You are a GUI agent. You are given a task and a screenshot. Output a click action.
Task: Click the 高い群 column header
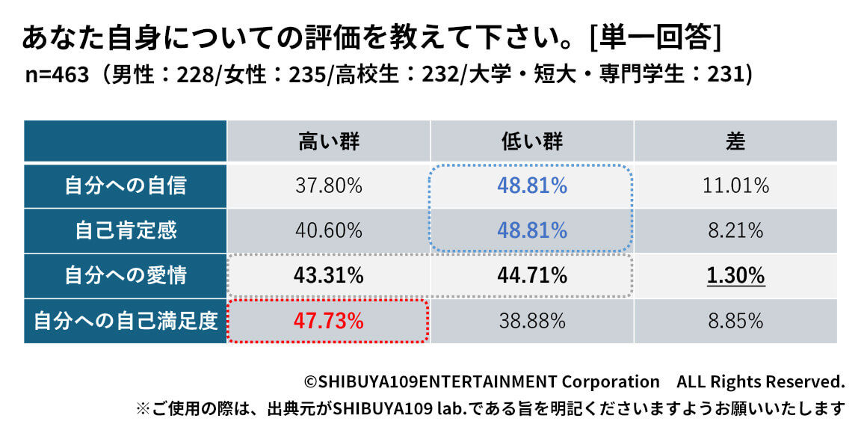pos(329,141)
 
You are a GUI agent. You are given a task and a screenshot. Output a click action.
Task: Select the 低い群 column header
pos(532,141)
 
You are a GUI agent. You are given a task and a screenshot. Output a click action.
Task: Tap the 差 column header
pos(735,141)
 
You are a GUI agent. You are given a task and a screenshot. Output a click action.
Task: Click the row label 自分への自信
pos(126,185)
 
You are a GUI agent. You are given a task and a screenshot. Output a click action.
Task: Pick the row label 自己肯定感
pos(126,230)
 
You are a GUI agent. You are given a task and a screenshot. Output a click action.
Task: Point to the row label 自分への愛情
pos(126,275)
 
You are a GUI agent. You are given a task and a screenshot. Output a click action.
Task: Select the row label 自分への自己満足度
pos(126,321)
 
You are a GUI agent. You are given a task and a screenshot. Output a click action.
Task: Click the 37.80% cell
pos(329,185)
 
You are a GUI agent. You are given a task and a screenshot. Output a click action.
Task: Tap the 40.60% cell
pos(329,230)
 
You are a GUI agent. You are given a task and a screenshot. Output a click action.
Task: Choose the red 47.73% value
pos(329,321)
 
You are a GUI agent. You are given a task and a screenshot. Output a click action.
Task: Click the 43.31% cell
pos(329,275)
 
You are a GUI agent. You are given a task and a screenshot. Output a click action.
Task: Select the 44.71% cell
pos(532,275)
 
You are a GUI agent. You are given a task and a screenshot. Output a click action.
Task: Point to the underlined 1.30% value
pos(735,275)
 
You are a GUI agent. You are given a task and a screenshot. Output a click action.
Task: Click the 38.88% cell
pos(532,321)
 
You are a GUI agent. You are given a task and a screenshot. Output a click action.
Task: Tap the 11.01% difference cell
pos(735,185)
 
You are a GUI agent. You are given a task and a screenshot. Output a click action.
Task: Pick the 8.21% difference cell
pos(735,230)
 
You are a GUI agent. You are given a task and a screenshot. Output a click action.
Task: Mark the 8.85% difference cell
pos(735,321)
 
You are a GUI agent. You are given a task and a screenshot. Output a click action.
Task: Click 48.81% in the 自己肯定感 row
pos(532,230)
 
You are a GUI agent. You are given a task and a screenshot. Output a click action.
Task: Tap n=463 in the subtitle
pos(58,76)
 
